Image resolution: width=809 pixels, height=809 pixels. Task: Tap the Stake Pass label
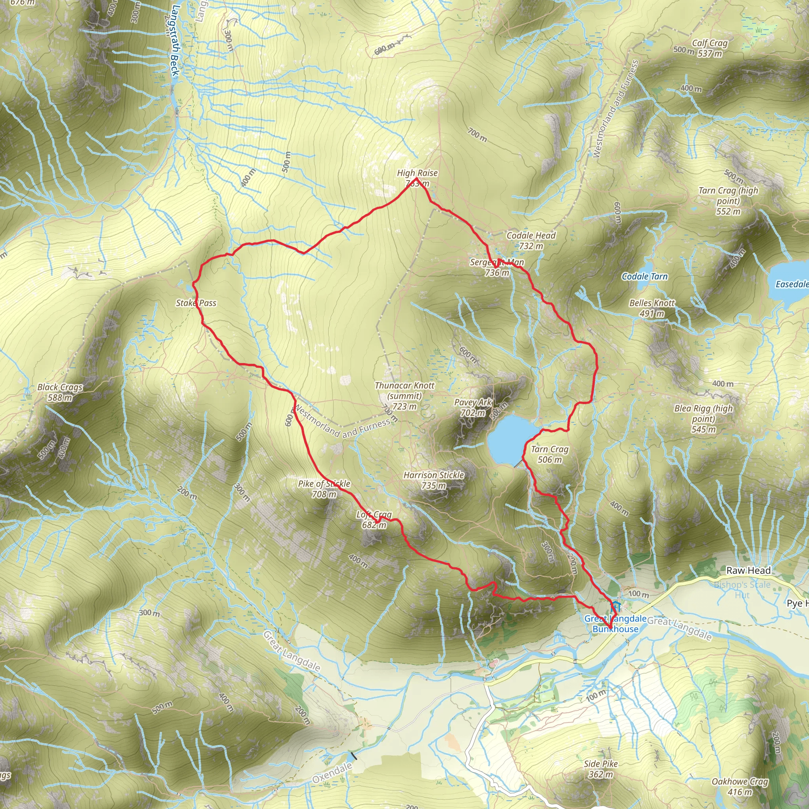[x=196, y=303]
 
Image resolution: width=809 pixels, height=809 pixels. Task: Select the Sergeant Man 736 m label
[x=497, y=267]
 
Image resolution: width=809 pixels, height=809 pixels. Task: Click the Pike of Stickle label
[x=324, y=489]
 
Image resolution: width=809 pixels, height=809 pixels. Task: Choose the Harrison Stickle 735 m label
[x=434, y=480]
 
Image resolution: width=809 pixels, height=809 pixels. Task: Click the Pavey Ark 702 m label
[x=473, y=407]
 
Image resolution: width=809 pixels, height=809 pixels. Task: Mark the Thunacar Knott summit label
[x=404, y=396]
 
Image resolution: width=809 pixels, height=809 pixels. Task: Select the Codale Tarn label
[x=644, y=277]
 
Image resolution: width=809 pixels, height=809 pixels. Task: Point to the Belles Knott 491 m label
[x=652, y=308]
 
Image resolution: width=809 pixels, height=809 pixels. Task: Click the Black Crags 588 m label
[x=60, y=392]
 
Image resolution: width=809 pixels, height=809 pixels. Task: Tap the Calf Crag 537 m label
[x=710, y=48]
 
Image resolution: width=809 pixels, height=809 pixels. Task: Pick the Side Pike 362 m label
[x=601, y=769]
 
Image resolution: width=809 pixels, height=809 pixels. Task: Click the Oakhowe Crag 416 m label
[x=740, y=786]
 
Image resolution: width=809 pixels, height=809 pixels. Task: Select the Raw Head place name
[x=748, y=570]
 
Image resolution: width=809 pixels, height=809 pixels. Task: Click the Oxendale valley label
[x=333, y=773]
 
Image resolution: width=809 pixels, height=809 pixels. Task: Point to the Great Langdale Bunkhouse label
[x=615, y=624]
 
